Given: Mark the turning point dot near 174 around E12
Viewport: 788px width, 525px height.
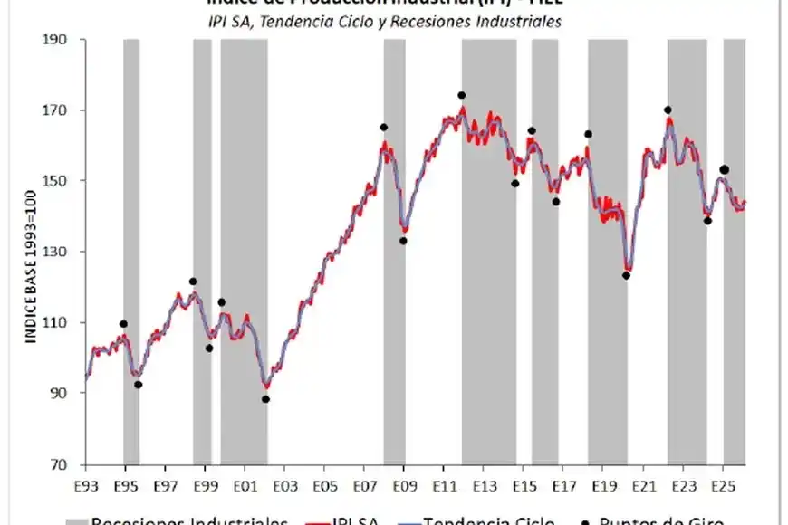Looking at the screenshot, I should pyautogui.click(x=462, y=95).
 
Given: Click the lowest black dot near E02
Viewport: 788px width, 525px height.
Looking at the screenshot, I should pyautogui.click(x=265, y=399).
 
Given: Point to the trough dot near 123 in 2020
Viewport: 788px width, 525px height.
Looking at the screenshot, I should pyautogui.click(x=626, y=276).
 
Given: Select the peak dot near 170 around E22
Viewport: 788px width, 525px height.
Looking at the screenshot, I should pyautogui.click(x=668, y=110).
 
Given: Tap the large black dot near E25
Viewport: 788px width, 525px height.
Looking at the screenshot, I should pyautogui.click(x=724, y=169).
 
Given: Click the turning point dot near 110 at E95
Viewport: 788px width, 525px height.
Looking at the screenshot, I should pyautogui.click(x=123, y=324).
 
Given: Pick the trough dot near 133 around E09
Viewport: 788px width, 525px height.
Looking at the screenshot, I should pyautogui.click(x=403, y=241).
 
